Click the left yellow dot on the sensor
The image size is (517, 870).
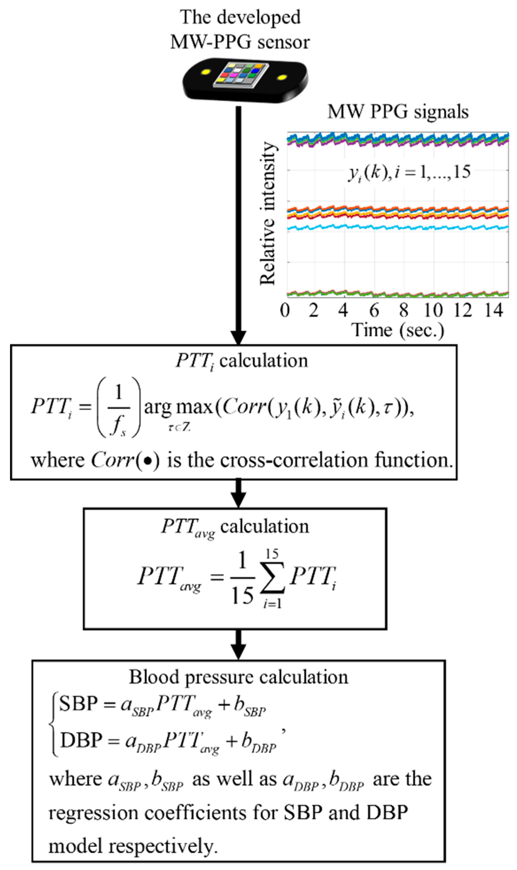pos(206,72)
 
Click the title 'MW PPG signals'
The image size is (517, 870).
pos(398,112)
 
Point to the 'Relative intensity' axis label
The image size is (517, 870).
pos(267,213)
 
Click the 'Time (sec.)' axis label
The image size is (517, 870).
pos(398,330)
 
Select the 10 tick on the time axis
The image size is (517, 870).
pos(433,310)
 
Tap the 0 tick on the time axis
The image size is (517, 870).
pos(285,310)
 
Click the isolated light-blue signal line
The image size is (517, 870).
pos(383,227)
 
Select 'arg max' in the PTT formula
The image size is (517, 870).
pos(179,406)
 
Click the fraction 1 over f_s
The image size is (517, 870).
pos(119,407)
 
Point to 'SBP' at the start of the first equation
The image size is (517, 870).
pos(79,703)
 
